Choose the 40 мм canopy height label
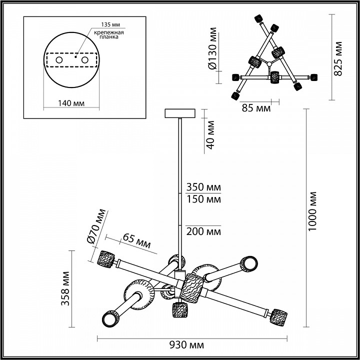coord(210,134)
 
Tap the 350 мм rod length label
coord(203,188)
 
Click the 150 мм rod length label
coord(203,199)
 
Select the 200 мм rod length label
coord(203,231)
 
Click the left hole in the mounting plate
coord(59,60)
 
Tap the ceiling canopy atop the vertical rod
coord(180,113)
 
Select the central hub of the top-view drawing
coord(269,63)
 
